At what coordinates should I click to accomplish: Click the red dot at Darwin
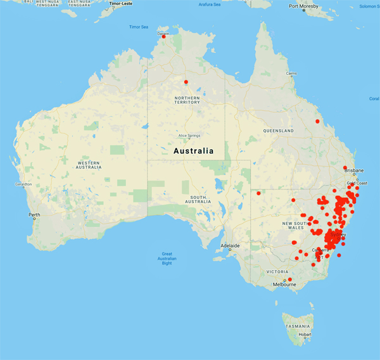164,36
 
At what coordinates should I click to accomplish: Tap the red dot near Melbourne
290,280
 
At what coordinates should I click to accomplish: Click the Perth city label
34,215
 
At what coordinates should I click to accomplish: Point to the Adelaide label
229,245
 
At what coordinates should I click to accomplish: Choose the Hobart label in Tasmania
305,333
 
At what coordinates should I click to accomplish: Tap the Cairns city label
291,74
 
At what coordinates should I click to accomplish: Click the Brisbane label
355,171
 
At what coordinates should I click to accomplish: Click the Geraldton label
15,184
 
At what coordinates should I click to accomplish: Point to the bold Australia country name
193,151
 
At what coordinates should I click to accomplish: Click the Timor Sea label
139,27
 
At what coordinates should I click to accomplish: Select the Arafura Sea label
209,4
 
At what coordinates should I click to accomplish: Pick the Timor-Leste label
123,3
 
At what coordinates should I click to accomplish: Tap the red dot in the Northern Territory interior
186,82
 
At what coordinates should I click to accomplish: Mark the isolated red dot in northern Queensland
317,121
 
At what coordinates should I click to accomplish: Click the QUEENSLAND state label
279,131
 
